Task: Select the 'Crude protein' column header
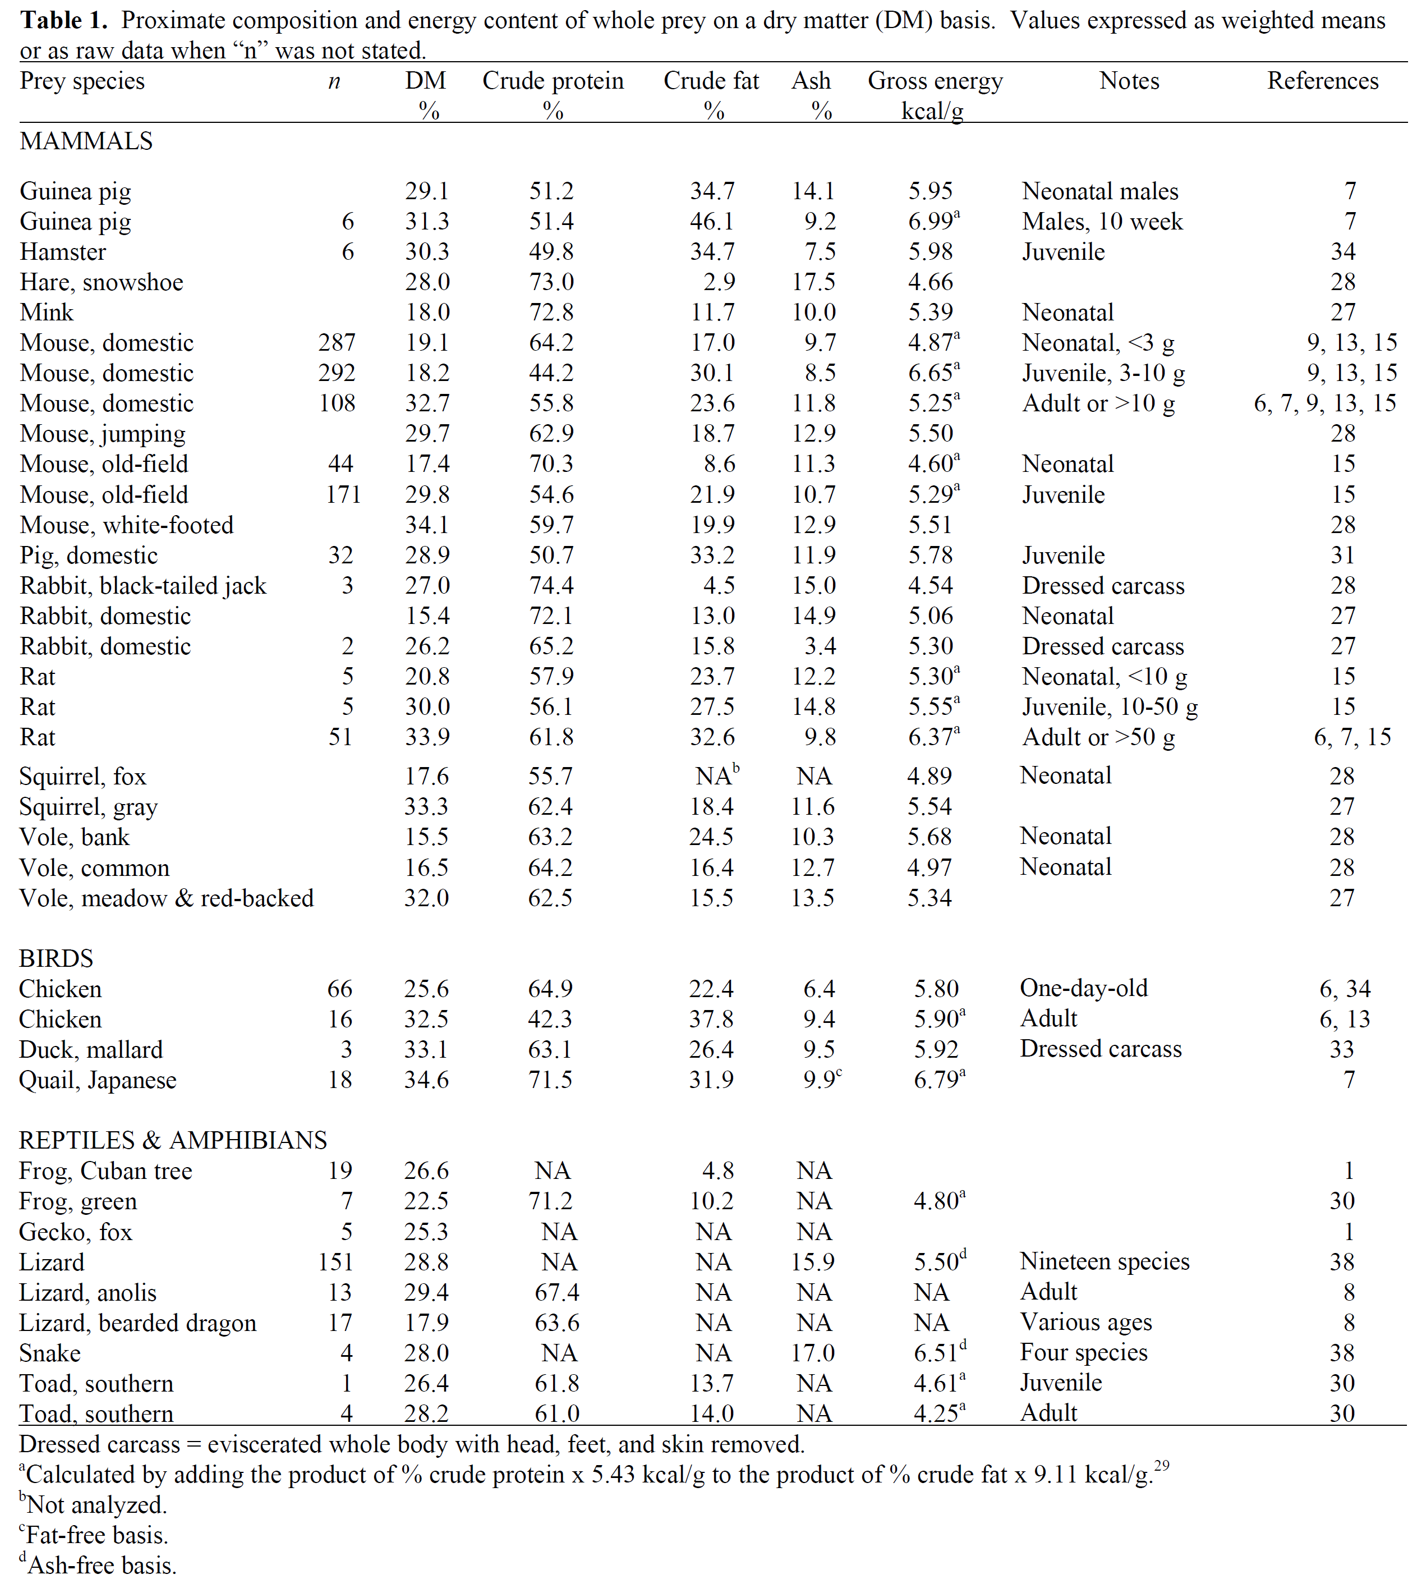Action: (x=553, y=81)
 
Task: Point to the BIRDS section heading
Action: (x=56, y=958)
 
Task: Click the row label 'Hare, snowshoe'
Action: (x=102, y=282)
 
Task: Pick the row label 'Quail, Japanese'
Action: (x=98, y=1080)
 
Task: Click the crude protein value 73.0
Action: (x=551, y=282)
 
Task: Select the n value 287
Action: (x=337, y=342)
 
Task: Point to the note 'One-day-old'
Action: (x=1083, y=989)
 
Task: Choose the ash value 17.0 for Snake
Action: (x=813, y=1353)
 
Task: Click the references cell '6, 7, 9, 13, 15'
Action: (x=1324, y=403)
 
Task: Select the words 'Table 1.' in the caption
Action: (x=63, y=20)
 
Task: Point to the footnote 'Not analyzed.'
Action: (x=95, y=1504)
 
